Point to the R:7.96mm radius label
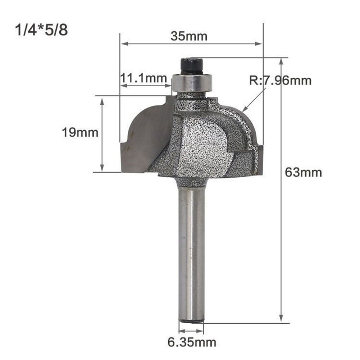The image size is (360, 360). click(280, 80)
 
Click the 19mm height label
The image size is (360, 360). click(80, 132)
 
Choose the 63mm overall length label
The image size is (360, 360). click(303, 172)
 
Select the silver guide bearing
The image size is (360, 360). click(192, 82)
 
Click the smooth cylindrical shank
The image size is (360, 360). click(191, 252)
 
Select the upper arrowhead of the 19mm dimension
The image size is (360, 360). click(102, 102)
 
